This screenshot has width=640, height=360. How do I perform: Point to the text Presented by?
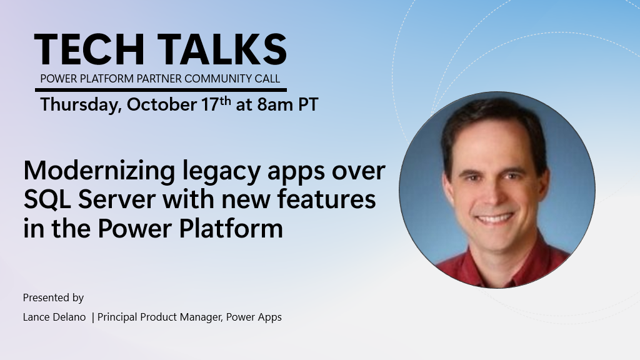point(53,297)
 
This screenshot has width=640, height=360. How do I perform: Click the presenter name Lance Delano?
point(54,317)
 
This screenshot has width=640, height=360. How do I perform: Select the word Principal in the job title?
point(117,317)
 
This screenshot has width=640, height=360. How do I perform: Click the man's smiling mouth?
point(493,219)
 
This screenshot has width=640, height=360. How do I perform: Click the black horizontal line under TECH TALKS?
point(160,90)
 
